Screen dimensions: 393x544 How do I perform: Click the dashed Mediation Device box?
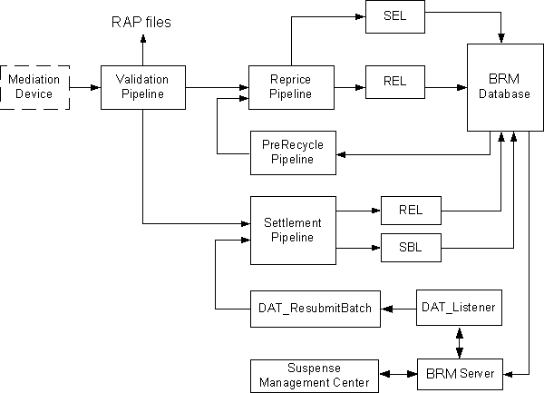34,87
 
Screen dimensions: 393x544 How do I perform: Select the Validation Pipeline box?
142,87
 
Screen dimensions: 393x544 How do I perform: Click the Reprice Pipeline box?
291,87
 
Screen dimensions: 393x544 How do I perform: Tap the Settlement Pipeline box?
291,231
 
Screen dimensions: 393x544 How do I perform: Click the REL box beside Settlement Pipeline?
410,211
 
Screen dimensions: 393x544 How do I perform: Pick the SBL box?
410,246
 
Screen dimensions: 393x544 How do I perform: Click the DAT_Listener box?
458,309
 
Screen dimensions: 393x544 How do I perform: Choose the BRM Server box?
458,373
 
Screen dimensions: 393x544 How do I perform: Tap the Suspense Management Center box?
314,374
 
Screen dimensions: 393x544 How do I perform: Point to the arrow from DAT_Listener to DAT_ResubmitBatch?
398,309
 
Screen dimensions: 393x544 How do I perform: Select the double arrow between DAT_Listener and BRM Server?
458,341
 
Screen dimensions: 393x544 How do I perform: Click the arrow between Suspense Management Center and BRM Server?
398,373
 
